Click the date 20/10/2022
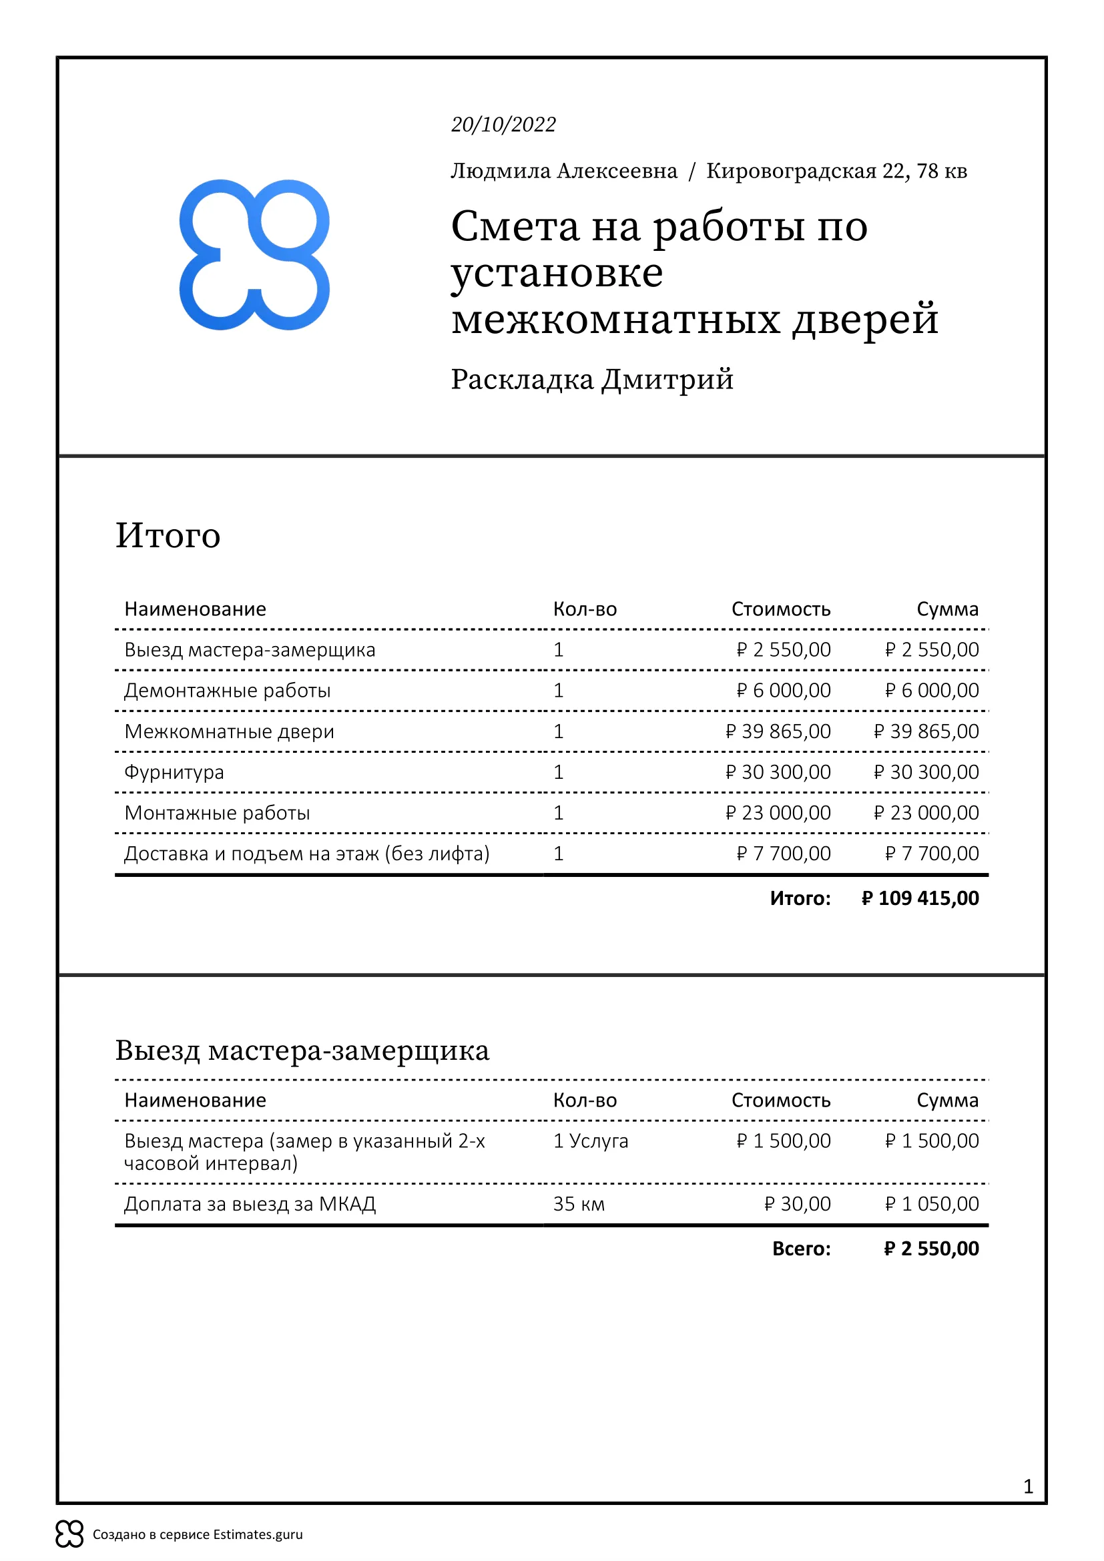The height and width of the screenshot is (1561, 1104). (503, 124)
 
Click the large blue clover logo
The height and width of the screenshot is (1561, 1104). (254, 255)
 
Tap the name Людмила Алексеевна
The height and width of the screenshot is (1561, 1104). (563, 171)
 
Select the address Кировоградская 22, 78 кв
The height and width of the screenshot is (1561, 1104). (836, 171)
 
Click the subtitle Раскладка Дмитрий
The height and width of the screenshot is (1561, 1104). (592, 379)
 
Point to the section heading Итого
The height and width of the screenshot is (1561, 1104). (168, 536)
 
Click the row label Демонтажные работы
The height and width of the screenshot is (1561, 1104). (227, 691)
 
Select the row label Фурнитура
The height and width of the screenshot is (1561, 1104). (174, 772)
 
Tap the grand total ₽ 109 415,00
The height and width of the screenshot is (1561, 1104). (920, 899)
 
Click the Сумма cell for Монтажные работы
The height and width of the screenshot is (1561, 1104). (926, 813)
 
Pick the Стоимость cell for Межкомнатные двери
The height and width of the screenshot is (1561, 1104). (778, 731)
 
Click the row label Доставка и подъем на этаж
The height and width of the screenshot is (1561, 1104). (306, 854)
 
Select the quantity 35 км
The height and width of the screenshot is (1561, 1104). (579, 1204)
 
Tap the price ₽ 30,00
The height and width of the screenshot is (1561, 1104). (798, 1204)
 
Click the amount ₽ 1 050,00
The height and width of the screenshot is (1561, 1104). (931, 1204)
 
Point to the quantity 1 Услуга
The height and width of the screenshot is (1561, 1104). (590, 1141)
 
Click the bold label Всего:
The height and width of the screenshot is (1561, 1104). (801, 1249)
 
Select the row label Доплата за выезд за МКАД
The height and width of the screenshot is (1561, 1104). (250, 1204)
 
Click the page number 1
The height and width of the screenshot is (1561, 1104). (1028, 1487)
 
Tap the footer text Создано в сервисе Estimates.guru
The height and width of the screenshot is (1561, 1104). (197, 1534)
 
